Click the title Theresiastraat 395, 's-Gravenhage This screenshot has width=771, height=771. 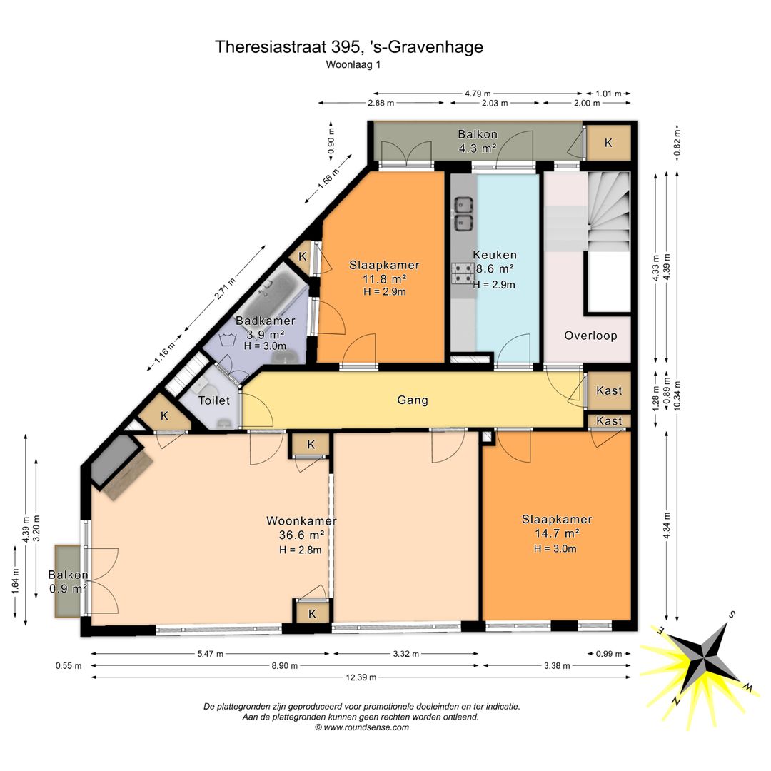pyautogui.click(x=348, y=46)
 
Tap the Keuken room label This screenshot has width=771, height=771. pyautogui.click(x=494, y=255)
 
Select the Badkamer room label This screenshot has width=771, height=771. pyautogui.click(x=266, y=321)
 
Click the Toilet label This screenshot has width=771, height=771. pyautogui.click(x=214, y=400)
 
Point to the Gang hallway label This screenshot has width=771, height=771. pyautogui.click(x=413, y=400)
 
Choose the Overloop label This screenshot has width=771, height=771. pyautogui.click(x=590, y=336)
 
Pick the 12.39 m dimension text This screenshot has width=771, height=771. pyautogui.click(x=361, y=677)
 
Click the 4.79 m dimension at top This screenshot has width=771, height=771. pyautogui.click(x=478, y=94)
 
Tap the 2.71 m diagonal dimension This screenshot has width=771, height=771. pyautogui.click(x=225, y=288)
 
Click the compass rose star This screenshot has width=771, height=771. pyautogui.click(x=704, y=657)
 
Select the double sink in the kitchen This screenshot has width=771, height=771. pyautogui.click(x=463, y=213)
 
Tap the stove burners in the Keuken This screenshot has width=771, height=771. pyautogui.click(x=463, y=274)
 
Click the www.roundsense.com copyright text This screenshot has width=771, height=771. pyautogui.click(x=362, y=727)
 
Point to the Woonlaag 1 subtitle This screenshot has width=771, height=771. pyautogui.click(x=353, y=64)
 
